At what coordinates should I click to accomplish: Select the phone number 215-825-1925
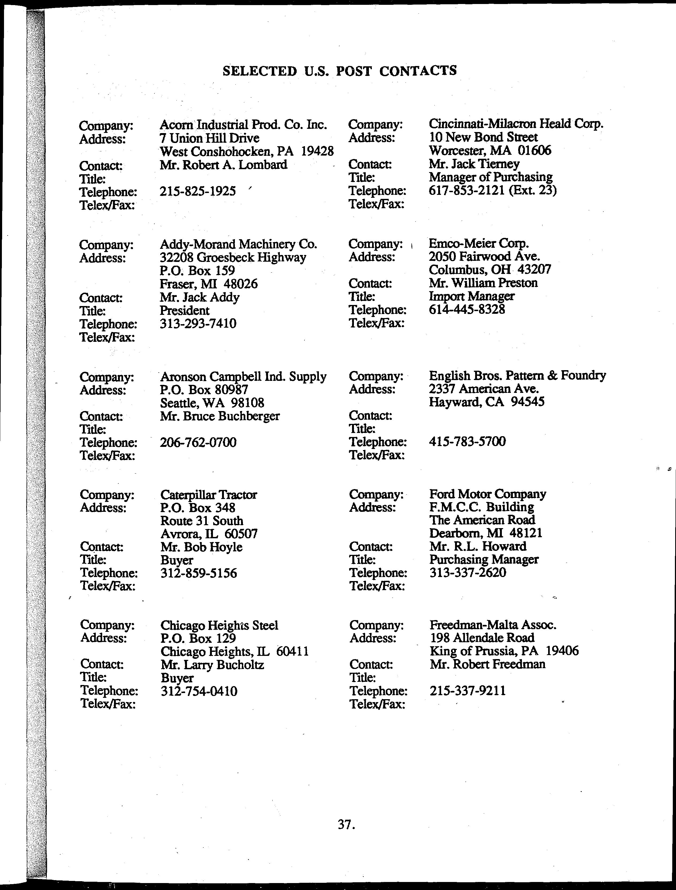pyautogui.click(x=198, y=191)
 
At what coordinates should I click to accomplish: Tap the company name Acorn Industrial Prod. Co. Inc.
pyautogui.click(x=243, y=125)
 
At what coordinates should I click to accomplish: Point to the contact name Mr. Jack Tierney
pyautogui.click(x=474, y=164)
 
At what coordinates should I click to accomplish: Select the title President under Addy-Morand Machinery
pyautogui.click(x=184, y=311)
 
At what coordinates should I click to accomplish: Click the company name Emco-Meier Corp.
pyautogui.click(x=478, y=243)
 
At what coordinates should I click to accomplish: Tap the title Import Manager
pyautogui.click(x=471, y=296)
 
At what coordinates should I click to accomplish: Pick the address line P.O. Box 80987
pyautogui.click(x=204, y=389)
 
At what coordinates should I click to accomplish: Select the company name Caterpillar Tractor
pyautogui.click(x=208, y=494)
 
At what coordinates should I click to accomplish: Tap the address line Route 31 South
pyautogui.click(x=201, y=521)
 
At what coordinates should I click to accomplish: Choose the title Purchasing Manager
pyautogui.click(x=484, y=560)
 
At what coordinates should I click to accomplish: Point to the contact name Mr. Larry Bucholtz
pyautogui.click(x=212, y=665)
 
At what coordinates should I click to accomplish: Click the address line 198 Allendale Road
pyautogui.click(x=482, y=638)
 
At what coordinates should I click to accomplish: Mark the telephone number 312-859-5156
pyautogui.click(x=198, y=573)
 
